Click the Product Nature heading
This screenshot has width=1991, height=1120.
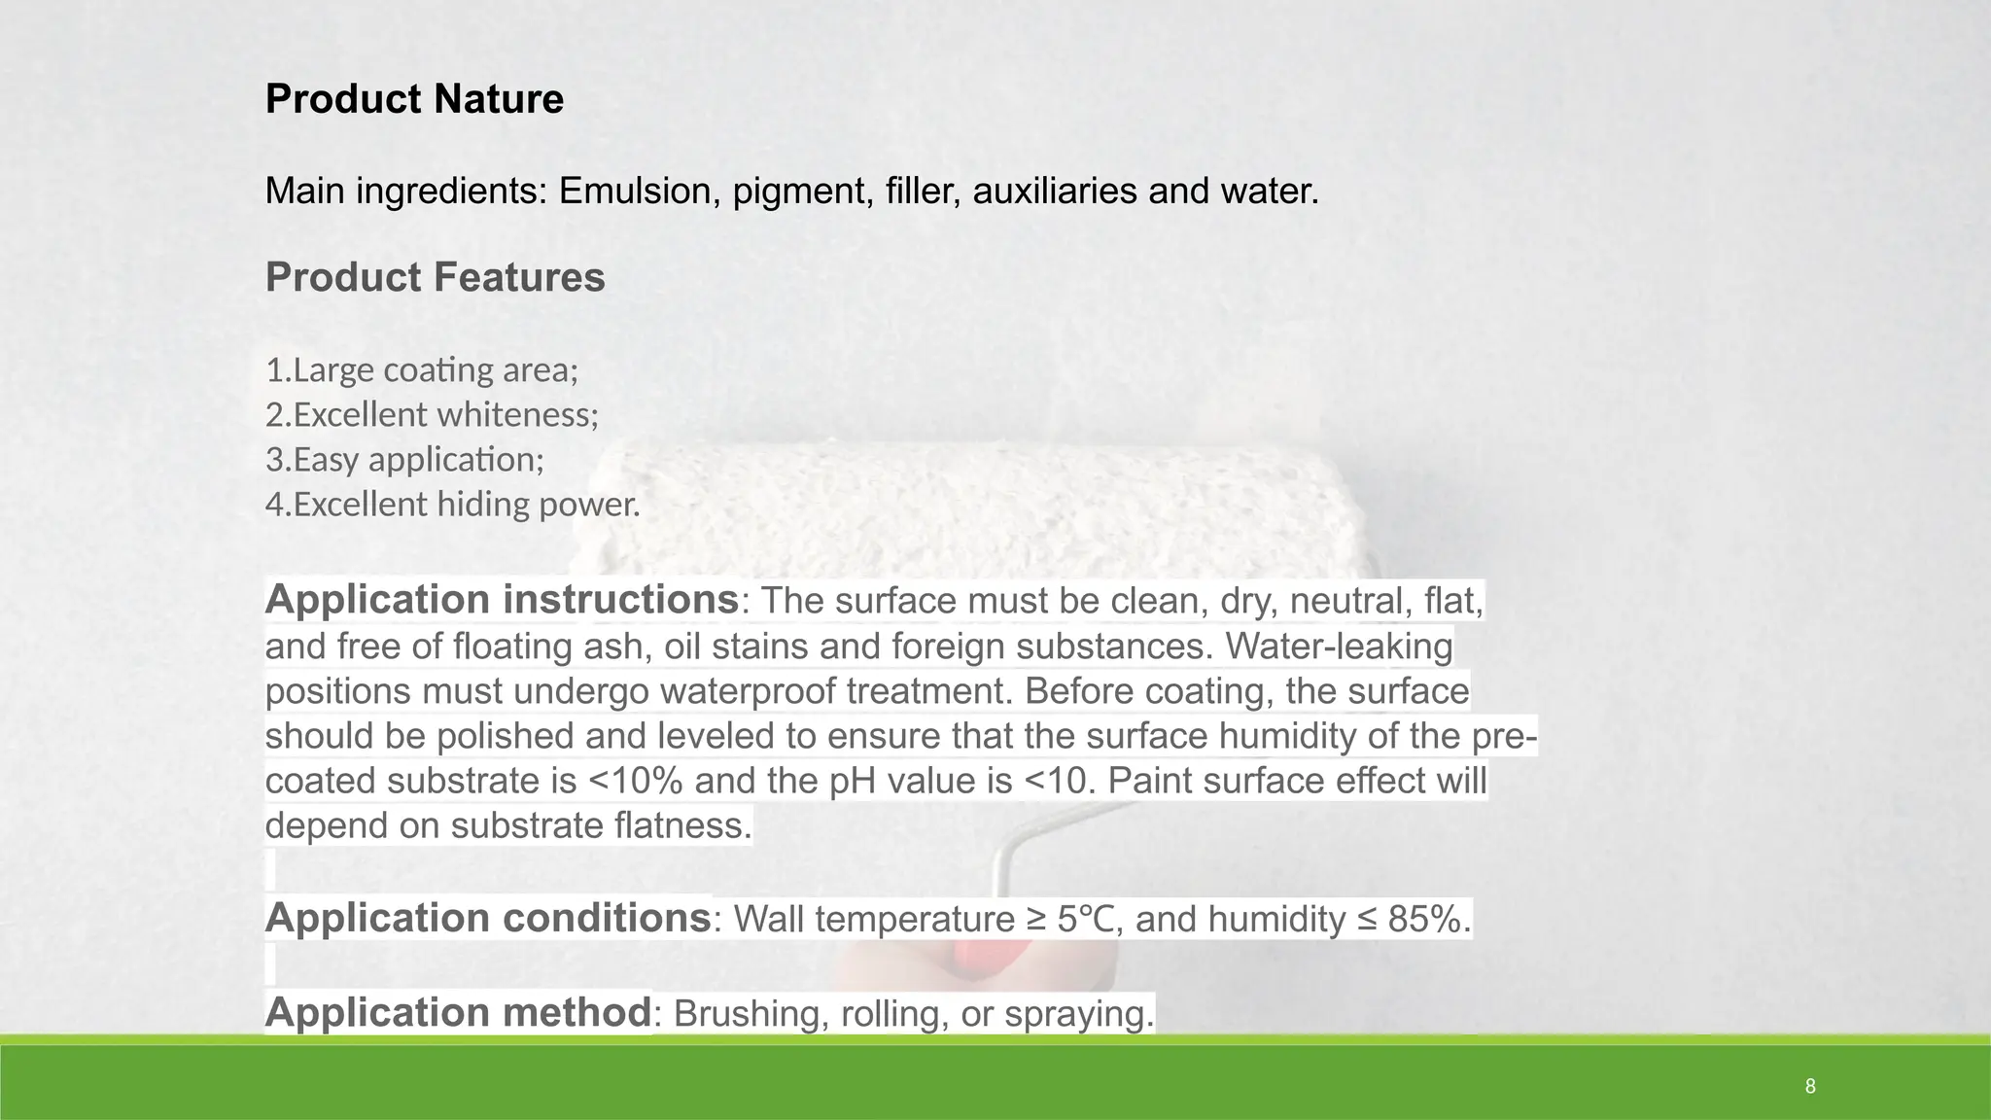[x=414, y=99]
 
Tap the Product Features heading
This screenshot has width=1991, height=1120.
[x=435, y=277]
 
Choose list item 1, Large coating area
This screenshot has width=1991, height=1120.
[x=422, y=370]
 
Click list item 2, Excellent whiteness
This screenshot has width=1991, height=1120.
[x=432, y=415]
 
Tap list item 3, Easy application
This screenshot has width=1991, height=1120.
[x=404, y=460]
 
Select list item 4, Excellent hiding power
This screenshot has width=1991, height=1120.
[x=453, y=505]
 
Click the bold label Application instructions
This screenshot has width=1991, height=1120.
[x=502, y=599]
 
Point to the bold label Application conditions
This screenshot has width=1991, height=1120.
[x=488, y=918]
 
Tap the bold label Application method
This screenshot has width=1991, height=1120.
[x=458, y=1012]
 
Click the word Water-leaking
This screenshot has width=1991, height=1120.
[x=1340, y=647]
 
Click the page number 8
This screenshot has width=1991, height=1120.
[x=1809, y=1086]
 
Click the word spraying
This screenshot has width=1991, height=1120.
[x=1078, y=1014]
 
